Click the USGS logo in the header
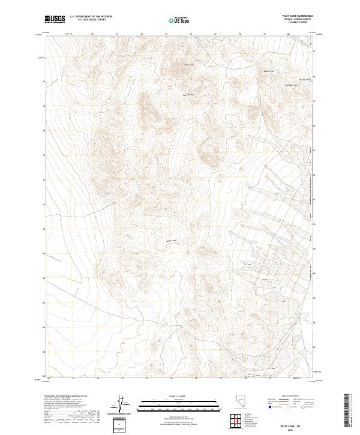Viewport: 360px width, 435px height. point(54,20)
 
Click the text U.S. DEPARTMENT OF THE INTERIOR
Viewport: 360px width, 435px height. point(91,17)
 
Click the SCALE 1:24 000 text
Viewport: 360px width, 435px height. point(172,396)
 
